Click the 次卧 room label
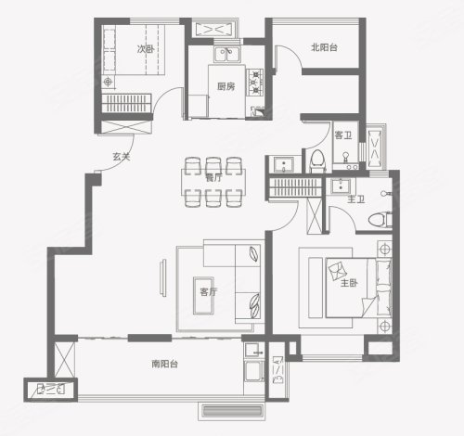[x=146, y=49]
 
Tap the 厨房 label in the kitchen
[x=226, y=86]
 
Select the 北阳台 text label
[x=324, y=47]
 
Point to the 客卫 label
[x=343, y=135]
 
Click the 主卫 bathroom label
[x=355, y=199]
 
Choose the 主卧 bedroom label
[x=349, y=283]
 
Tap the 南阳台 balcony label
[x=164, y=364]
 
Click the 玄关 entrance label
[x=121, y=157]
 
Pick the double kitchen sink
[x=227, y=55]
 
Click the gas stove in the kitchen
[x=255, y=82]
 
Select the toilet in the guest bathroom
[x=317, y=160]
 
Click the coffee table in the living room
[x=203, y=296]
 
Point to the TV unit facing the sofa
[x=163, y=277]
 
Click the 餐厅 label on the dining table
[x=213, y=178]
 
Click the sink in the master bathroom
[x=341, y=186]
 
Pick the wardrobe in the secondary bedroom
[x=126, y=103]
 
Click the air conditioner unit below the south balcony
[x=232, y=411]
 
